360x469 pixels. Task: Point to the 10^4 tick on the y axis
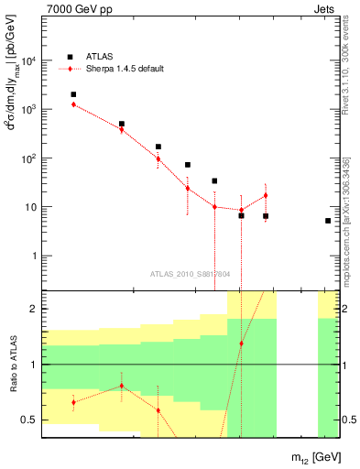click(28, 61)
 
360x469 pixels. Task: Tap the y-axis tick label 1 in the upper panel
click(32, 256)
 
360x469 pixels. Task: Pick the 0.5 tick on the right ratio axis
click(350, 420)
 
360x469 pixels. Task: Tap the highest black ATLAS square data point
click(73, 94)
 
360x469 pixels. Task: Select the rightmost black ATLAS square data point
click(328, 221)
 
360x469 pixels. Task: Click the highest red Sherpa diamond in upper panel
click(73, 104)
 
